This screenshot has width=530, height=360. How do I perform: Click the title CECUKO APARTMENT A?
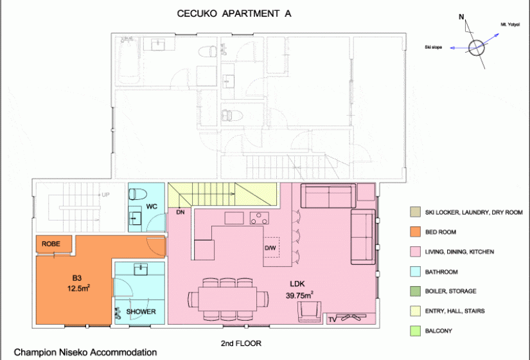234,14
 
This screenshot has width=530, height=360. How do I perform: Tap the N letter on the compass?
461,17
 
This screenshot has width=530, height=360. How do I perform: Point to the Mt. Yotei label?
510,24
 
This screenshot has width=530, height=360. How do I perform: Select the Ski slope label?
434,47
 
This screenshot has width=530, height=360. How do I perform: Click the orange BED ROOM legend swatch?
416,232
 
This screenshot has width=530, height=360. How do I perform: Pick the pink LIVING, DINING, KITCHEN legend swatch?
416,252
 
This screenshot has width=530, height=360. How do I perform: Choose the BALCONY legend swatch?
416,331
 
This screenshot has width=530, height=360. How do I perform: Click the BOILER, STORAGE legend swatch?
416,291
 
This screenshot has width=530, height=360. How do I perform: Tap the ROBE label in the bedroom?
51,244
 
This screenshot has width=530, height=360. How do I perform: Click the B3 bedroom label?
77,278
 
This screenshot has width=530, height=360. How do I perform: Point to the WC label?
152,206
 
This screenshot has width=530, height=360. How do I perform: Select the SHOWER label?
141,312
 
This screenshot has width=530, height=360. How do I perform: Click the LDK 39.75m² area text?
299,290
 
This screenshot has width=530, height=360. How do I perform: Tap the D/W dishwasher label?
270,248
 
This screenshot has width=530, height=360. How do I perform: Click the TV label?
332,319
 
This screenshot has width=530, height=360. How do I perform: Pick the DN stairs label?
181,212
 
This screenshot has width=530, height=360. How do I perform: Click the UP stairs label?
105,195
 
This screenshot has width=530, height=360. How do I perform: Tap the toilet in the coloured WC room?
137,194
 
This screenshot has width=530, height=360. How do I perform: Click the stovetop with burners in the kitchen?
260,218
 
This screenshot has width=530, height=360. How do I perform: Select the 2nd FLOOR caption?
241,343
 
